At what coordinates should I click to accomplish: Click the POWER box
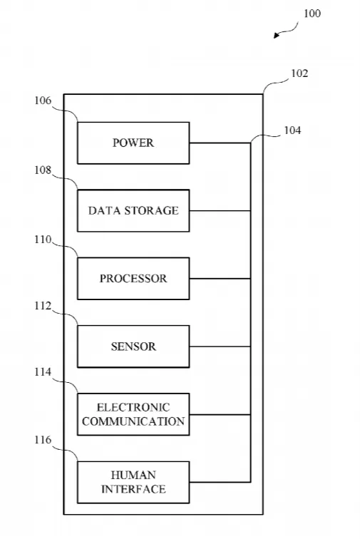[x=133, y=143]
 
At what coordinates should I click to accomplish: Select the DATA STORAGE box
[x=133, y=210]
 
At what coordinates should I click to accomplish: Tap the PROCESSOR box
[x=133, y=279]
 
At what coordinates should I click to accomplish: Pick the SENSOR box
[x=133, y=346]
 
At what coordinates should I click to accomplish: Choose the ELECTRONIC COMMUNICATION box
[x=133, y=414]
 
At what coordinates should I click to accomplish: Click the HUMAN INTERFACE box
[x=133, y=482]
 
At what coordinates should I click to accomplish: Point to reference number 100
[x=312, y=14]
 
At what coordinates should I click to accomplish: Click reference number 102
[x=299, y=73]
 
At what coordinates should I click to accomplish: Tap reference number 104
[x=292, y=130]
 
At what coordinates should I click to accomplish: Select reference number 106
[x=43, y=101]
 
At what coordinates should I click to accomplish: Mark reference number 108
[x=43, y=170]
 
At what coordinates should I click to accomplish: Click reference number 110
[x=43, y=240]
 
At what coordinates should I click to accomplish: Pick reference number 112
[x=43, y=306]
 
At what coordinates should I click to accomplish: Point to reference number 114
[x=43, y=371]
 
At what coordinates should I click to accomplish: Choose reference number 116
[x=43, y=440]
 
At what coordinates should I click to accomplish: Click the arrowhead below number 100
[x=277, y=35]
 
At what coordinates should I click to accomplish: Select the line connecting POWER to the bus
[x=220, y=143]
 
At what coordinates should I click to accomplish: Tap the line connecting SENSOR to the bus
[x=220, y=346]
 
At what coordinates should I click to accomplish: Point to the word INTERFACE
[x=133, y=489]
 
